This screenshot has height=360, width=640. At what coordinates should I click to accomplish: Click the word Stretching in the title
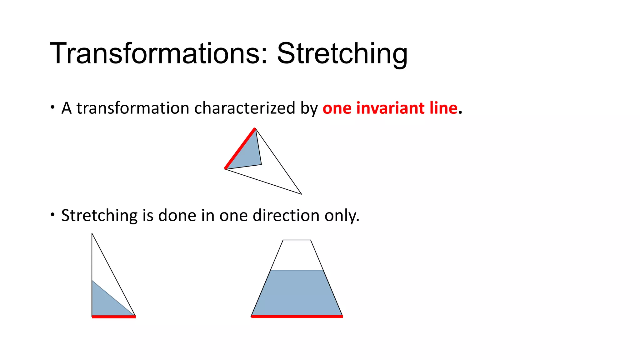point(342,53)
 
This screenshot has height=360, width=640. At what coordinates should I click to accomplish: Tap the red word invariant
point(391,108)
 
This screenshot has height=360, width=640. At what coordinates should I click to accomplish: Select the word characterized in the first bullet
point(244,108)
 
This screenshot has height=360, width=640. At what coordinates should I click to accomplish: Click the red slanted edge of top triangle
point(240,148)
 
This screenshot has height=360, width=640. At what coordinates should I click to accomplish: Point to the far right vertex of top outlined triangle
point(301,194)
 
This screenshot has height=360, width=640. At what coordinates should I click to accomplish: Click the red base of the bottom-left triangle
point(114,317)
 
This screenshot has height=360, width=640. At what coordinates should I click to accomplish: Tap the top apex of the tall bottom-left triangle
point(92,234)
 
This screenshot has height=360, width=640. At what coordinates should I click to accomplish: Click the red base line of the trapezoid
point(297,317)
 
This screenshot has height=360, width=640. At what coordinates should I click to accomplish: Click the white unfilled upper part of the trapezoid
point(297,255)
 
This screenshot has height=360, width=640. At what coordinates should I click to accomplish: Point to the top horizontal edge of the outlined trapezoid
point(297,240)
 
